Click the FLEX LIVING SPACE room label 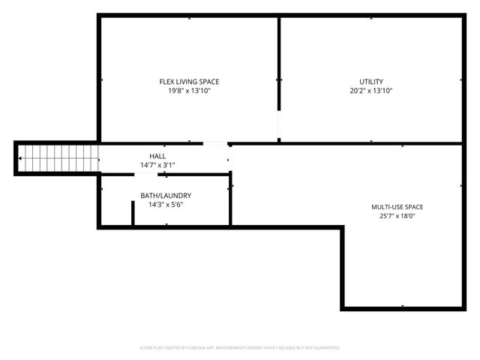pyautogui.click(x=189, y=82)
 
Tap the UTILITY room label pyautogui.click(x=371, y=82)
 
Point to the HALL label pyautogui.click(x=157, y=156)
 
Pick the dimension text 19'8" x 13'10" pyautogui.click(x=189, y=91)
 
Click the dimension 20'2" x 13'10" pyautogui.click(x=371, y=91)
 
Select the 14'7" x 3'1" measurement pyautogui.click(x=157, y=165)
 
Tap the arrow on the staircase pyautogui.click(x=22, y=159)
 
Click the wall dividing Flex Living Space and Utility pyautogui.click(x=279, y=60)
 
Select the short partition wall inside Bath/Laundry pyautogui.click(x=133, y=212)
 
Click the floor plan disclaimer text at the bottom pyautogui.click(x=240, y=348)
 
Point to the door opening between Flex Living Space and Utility pyautogui.click(x=279, y=124)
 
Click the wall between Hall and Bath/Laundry pyautogui.click(x=187, y=174)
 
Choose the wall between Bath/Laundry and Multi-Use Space pyautogui.click(x=230, y=202)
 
